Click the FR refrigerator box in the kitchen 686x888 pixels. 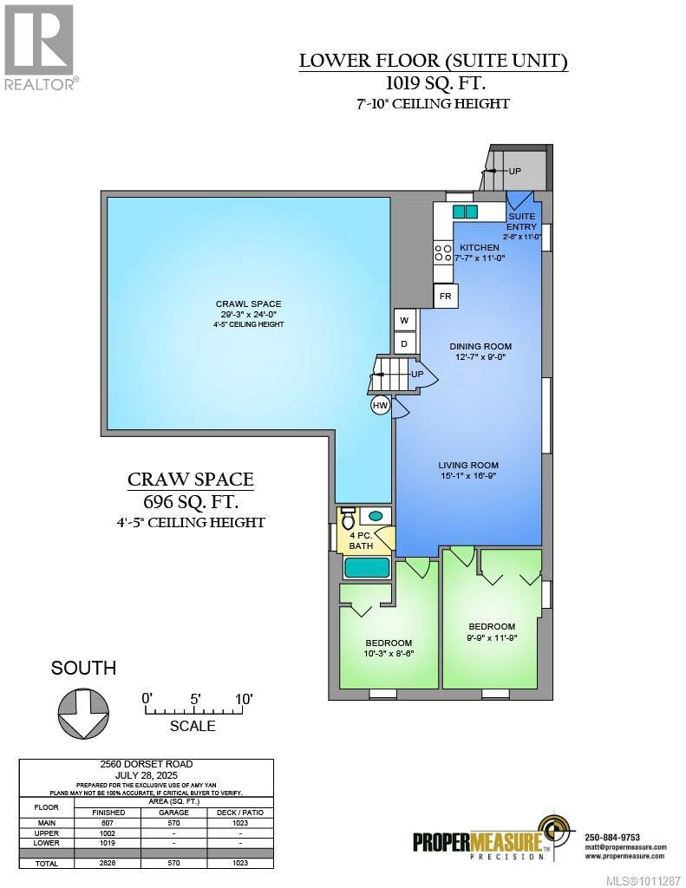[x=446, y=296]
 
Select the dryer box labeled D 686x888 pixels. [x=404, y=344]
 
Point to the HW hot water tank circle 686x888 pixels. [x=380, y=405]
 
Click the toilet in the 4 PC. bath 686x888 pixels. [x=349, y=519]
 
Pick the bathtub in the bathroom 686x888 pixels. [x=368, y=569]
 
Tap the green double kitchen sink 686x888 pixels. [x=465, y=212]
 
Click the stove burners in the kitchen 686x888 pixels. [x=442, y=253]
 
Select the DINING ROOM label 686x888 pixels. [x=477, y=346]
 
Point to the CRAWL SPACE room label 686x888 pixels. [x=248, y=304]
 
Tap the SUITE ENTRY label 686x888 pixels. [x=522, y=221]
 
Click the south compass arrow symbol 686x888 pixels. [x=84, y=713]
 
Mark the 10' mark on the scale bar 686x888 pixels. [x=244, y=700]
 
